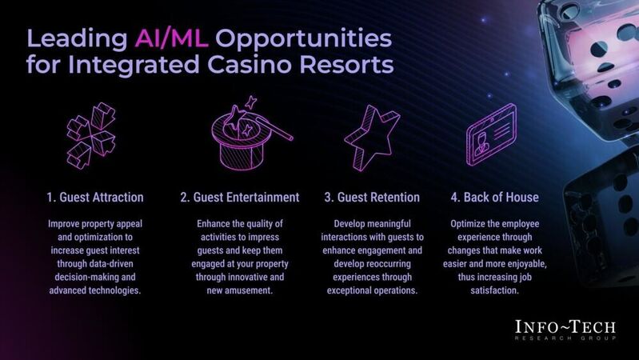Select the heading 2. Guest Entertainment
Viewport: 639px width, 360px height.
(240, 197)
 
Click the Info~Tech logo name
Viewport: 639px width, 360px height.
(565, 329)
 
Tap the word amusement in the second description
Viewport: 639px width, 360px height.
(250, 290)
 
